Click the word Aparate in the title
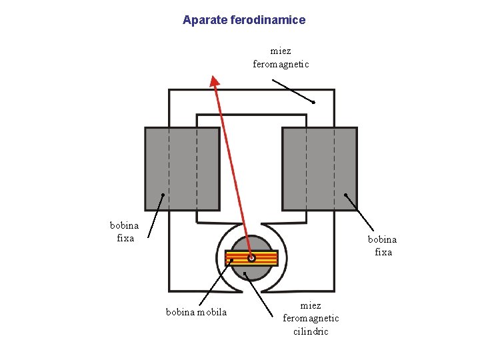coord(205,20)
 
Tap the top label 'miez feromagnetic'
coord(281,57)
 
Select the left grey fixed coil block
coord(182,169)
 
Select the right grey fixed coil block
coord(319,169)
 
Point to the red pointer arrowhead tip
coord(213,76)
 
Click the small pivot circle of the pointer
coord(251,258)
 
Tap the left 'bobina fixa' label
coord(125,231)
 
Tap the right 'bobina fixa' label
coord(382,245)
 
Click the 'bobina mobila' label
coord(196,312)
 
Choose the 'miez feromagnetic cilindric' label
coord(311,318)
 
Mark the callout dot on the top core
coord(313,102)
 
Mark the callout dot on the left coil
coord(163,195)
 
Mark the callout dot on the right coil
coord(345,195)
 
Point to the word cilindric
coord(311,331)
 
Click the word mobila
coord(212,312)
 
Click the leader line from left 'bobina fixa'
coord(155,215)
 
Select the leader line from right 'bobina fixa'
coord(360,213)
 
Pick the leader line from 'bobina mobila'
coord(215,283)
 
